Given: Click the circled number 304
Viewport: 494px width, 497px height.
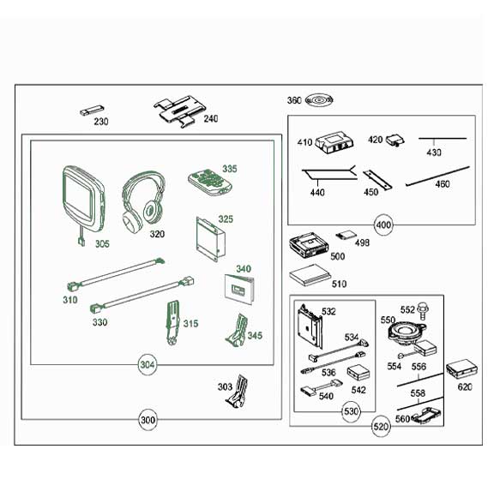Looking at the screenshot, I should pos(148,365).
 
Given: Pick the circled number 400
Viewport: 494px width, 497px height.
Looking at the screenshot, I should pos(383,225).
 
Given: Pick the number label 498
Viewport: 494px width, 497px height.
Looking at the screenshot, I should pos(362,243).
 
